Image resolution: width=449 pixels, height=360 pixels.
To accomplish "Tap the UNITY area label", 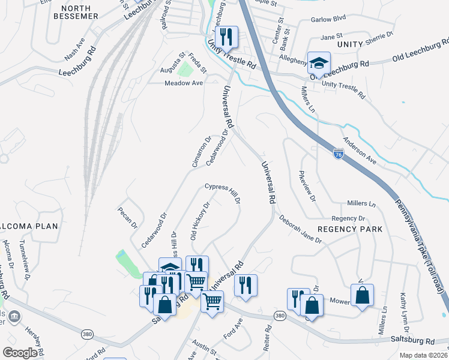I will click(350, 44).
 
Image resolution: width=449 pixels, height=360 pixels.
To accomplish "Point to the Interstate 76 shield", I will click(339, 154).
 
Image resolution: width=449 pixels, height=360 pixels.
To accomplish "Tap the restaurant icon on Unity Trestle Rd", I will click(227, 37).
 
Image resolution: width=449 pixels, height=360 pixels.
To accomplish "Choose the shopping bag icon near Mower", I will click(362, 295).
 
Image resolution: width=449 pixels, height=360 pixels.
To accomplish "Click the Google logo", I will click(20, 353).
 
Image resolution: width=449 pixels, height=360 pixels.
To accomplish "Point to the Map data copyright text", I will click(423, 355).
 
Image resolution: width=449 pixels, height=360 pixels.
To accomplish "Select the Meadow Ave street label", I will click(184, 83).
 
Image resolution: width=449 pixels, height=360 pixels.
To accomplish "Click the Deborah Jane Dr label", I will click(300, 230).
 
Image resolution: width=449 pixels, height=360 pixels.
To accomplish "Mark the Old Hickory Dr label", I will click(199, 221).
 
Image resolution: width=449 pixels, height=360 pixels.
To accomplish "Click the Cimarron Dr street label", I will click(202, 152).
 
